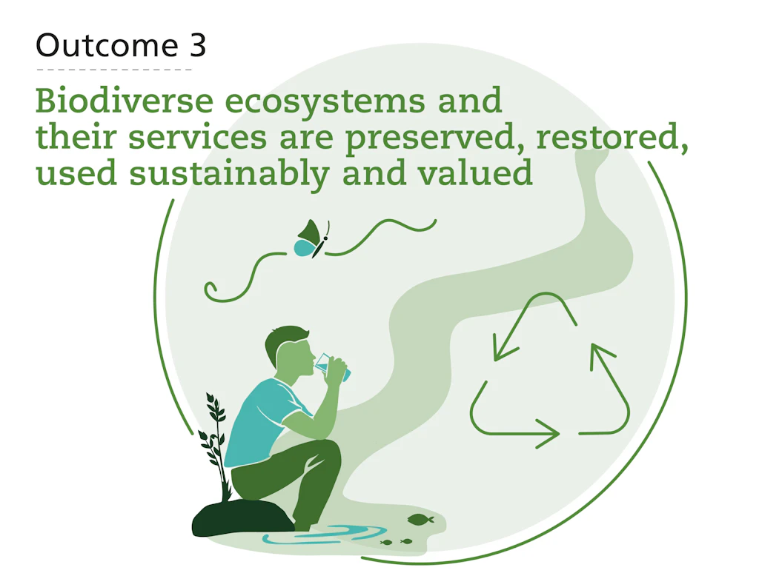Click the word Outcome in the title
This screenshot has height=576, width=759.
pos(107,45)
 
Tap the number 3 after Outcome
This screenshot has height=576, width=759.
pos(197,45)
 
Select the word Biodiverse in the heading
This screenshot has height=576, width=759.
pos(125,101)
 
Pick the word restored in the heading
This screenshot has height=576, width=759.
pos(612,138)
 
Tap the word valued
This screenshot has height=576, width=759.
pos(475,173)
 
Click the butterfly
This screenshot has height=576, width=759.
pos(312,239)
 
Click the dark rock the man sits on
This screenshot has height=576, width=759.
pos(242,518)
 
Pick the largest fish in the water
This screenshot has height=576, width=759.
pos(420,520)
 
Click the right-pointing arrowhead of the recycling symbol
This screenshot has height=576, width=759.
pos(548,433)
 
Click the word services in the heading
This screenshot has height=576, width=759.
pos(197,138)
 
